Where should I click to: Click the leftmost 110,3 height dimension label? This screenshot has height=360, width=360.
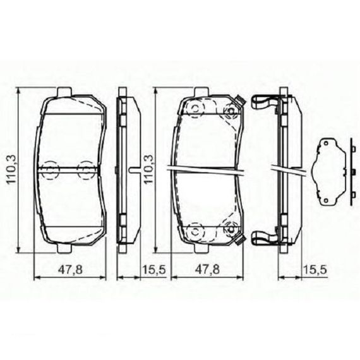click(x=11, y=169)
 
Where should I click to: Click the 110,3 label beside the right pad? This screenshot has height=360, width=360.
click(x=148, y=169)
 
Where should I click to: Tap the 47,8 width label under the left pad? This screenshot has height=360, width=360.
click(x=70, y=270)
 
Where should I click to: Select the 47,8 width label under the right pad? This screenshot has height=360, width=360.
click(x=207, y=270)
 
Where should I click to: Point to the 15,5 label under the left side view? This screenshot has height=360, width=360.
click(x=154, y=270)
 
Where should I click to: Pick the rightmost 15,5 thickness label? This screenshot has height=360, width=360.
click(x=315, y=270)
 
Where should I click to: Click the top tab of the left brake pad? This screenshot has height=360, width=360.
click(x=64, y=92)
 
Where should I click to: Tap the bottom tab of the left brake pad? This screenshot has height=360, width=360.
click(x=64, y=248)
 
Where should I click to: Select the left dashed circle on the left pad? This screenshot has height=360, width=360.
click(x=50, y=170)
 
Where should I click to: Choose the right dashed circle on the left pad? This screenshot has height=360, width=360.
click(x=86, y=170)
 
